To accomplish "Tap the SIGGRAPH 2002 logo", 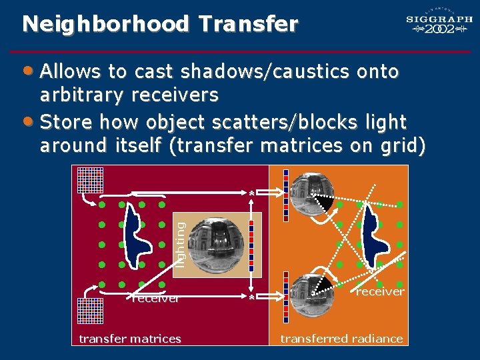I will tap(439, 25).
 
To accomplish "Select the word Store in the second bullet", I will tap(65, 122).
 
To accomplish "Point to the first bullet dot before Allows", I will tap(27, 70).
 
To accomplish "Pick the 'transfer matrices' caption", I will tap(130, 339).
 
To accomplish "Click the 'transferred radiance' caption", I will tap(341, 339).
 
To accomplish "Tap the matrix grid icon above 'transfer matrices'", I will tap(89, 310).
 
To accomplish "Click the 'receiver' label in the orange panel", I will tap(380, 291).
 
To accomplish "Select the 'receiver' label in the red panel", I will tap(155, 299).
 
